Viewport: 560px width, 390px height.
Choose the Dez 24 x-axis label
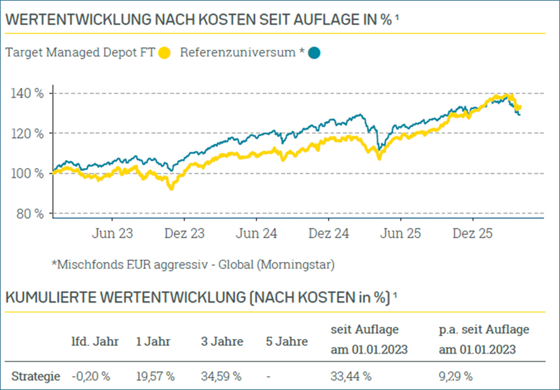point(328,234)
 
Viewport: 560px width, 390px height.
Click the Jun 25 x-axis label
point(400,234)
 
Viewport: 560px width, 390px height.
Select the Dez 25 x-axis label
point(473,234)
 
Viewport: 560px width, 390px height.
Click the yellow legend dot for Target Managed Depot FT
point(165,53)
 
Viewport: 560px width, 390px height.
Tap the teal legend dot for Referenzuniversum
point(314,53)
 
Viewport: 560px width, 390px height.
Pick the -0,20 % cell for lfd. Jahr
point(91,376)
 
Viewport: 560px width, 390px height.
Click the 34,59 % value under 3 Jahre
point(221,376)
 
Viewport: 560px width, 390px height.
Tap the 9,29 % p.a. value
point(456,376)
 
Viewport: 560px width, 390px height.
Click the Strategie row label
point(36,376)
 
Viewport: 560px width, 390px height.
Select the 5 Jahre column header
point(286,341)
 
